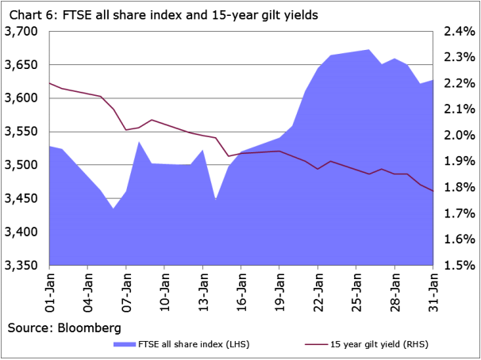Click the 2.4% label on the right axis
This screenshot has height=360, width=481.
pos(459,31)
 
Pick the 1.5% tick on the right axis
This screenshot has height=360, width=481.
pos(459,266)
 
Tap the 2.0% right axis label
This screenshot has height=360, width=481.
pos(459,136)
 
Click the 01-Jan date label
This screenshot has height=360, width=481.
pos(50,291)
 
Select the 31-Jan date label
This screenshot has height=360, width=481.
pos(432,291)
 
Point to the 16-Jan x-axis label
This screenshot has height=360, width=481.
pos(241,291)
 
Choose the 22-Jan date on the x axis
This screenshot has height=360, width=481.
pos(317,291)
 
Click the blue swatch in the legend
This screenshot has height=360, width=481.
pos(125,344)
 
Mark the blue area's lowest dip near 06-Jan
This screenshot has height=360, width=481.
pos(114,209)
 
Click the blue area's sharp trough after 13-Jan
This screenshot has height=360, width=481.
pos(215,198)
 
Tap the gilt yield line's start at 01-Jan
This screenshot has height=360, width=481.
pos(50,82)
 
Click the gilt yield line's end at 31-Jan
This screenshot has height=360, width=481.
pos(432,191)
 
